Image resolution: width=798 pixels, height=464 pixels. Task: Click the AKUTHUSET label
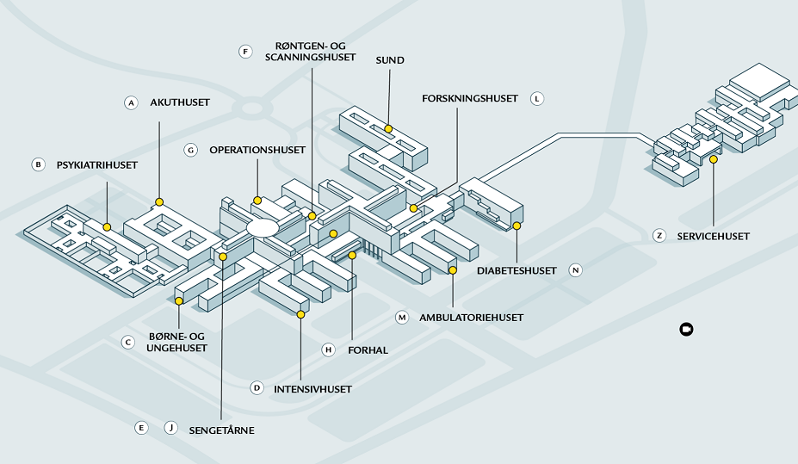point(180,102)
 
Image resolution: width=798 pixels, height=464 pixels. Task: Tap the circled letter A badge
point(131,102)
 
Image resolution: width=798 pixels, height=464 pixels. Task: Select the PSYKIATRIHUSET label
point(97,164)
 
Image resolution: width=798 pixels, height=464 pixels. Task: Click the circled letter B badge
point(37,164)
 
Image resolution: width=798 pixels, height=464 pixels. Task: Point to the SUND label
point(390,60)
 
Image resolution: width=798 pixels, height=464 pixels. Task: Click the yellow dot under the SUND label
point(388,128)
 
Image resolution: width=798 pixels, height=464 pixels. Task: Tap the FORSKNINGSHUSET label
point(470,98)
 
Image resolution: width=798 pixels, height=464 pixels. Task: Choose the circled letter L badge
point(537,98)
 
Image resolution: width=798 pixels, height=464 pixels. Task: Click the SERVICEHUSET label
point(714,236)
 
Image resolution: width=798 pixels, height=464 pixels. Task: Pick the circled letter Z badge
point(659,235)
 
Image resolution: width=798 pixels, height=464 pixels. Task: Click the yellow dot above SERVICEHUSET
point(714,159)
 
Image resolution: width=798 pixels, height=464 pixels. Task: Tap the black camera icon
point(686,330)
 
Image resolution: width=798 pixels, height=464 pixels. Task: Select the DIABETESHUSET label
point(517,270)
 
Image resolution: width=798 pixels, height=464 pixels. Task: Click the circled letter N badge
point(576,270)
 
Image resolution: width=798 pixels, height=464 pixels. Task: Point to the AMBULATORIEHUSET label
point(471,318)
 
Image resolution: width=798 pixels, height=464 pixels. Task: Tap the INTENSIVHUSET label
point(312,389)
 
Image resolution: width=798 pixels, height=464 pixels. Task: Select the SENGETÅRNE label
point(222,429)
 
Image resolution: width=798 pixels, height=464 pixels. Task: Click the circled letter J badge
point(170,428)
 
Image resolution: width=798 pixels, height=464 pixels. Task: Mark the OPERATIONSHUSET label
point(257,150)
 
